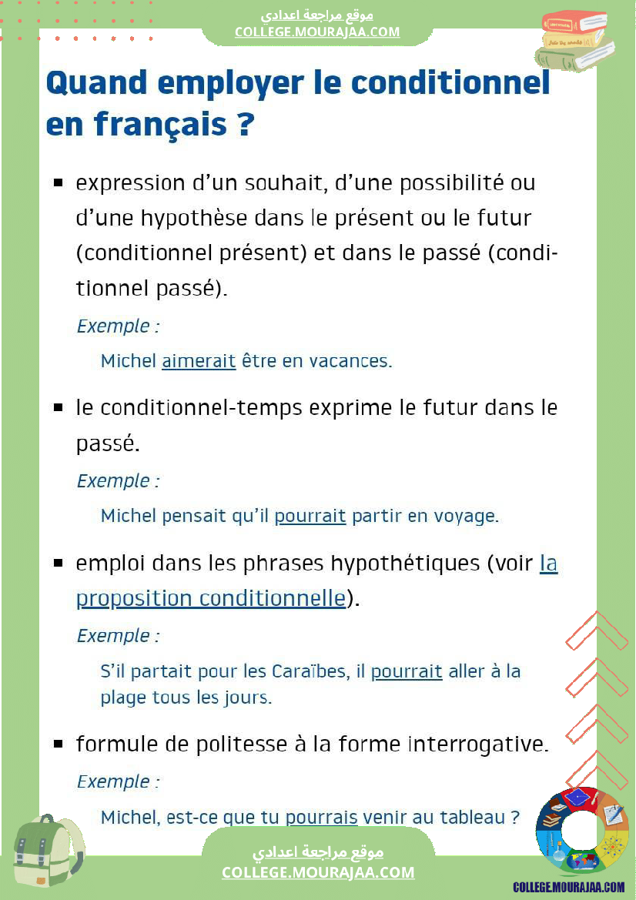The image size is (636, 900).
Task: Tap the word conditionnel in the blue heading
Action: click(x=450, y=82)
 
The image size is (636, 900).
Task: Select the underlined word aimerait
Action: click(x=199, y=361)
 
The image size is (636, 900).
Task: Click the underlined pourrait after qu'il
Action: click(x=310, y=516)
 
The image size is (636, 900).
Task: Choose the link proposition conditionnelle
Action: click(x=210, y=598)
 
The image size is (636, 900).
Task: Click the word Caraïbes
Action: click(x=309, y=671)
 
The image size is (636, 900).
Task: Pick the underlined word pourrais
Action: click(x=322, y=817)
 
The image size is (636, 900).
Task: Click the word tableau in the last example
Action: click(x=472, y=817)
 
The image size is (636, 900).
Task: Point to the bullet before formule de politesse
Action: click(x=58, y=744)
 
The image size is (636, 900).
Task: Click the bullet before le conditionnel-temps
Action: click(x=58, y=408)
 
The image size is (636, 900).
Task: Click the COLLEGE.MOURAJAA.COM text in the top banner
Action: click(x=317, y=32)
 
